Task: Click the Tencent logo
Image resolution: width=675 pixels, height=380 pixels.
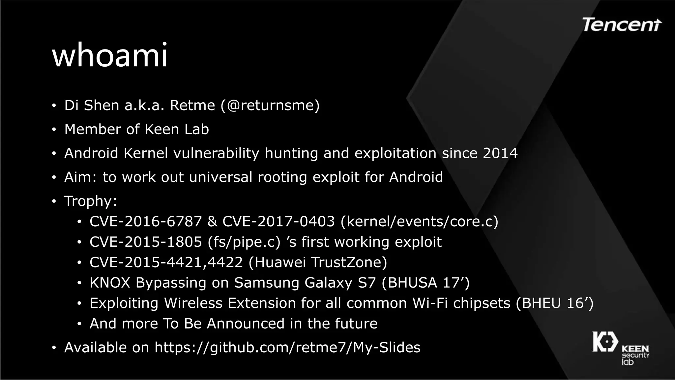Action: click(x=622, y=25)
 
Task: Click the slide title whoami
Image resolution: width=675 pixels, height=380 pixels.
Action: click(x=110, y=55)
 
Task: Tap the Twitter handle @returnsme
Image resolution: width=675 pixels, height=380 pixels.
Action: click(x=270, y=106)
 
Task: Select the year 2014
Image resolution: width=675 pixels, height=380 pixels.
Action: click(x=500, y=153)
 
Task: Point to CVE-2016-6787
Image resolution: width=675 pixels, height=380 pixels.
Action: click(x=145, y=221)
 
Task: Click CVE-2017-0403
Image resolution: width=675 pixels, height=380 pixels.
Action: click(x=279, y=221)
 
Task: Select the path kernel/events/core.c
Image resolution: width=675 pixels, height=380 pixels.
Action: click(x=419, y=221)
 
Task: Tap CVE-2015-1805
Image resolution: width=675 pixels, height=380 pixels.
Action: click(x=145, y=242)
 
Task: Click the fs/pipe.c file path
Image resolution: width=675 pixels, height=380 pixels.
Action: click(x=244, y=242)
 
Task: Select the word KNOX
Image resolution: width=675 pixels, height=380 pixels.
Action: click(x=110, y=283)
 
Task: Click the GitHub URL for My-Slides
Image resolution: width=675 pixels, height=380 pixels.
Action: click(x=287, y=348)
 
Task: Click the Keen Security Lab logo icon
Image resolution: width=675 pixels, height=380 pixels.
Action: click(x=605, y=342)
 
